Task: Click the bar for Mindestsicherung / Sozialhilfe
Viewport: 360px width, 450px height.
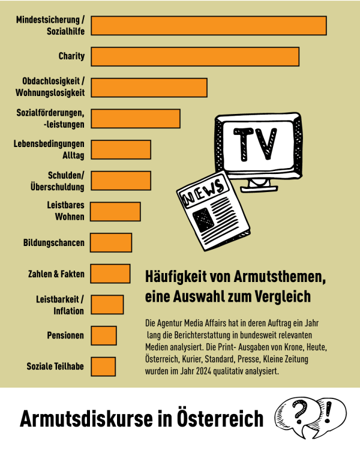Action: click(209, 26)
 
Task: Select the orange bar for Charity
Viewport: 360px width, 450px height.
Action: click(195, 56)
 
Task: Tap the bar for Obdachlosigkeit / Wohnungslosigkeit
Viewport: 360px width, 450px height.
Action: click(149, 87)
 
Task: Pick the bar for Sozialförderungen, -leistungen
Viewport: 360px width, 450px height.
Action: click(136, 118)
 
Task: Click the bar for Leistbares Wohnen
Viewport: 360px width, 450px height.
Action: click(116, 211)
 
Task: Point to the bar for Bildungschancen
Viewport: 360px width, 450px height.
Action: click(111, 242)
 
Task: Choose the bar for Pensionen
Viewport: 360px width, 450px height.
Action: click(104, 335)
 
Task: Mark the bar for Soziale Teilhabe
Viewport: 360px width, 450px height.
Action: click(103, 366)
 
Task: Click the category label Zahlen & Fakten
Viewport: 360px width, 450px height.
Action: click(56, 274)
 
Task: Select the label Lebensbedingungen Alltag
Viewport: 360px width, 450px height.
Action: click(53, 149)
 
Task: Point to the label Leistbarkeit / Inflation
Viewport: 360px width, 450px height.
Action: click(62, 304)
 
